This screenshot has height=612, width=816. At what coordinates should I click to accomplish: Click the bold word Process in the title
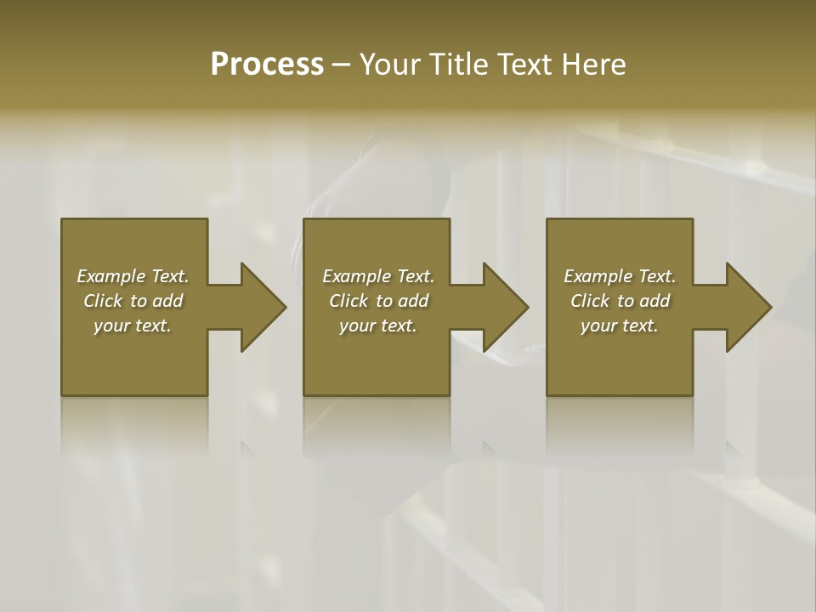point(267,65)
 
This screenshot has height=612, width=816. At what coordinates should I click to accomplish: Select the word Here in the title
point(595,65)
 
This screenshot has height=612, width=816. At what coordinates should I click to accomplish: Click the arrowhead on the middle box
point(505,307)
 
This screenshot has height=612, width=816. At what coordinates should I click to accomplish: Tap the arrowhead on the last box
point(748,307)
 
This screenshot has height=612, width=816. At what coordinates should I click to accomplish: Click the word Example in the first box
point(110,276)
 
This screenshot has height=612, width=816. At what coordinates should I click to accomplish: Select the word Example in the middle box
point(356,276)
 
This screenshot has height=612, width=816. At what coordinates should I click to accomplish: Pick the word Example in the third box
point(598,276)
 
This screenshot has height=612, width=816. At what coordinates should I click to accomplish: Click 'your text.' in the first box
point(133,326)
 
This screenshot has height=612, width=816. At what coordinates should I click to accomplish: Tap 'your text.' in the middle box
point(378,326)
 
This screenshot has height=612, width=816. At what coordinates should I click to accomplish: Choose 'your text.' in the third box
point(620,326)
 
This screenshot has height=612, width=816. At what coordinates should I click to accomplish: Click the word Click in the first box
point(102,301)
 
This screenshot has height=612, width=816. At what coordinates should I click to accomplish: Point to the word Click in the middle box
point(348,301)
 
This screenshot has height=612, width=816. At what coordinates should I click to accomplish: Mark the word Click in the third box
point(589,301)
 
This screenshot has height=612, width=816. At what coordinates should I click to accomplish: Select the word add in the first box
point(167,301)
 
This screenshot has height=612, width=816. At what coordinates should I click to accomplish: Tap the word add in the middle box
point(413,301)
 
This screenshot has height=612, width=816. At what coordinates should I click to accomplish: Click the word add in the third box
point(654,301)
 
